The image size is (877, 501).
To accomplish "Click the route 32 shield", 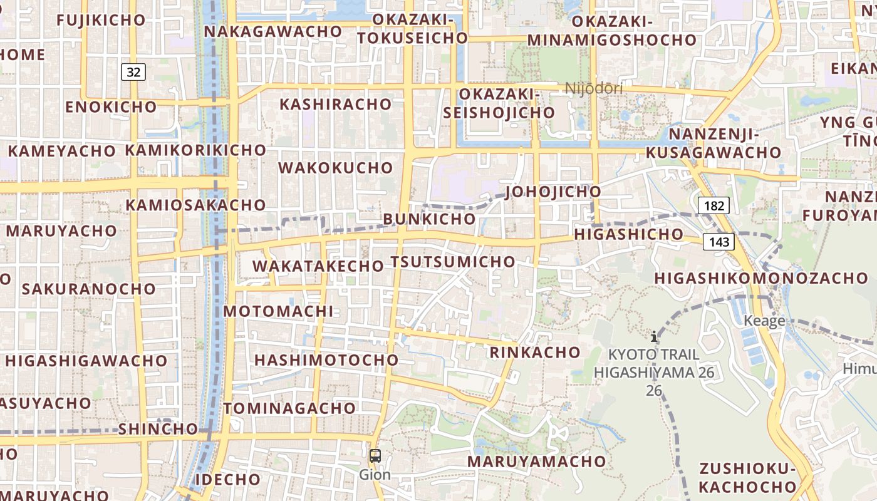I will coord(133,72).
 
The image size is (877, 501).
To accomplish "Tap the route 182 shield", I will coord(714,205).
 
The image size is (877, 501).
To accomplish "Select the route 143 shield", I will coord(718,242).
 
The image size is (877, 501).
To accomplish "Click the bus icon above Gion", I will coord(375,456).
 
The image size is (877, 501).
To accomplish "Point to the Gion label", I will coord(375,475).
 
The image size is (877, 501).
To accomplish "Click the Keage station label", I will coord(764,321).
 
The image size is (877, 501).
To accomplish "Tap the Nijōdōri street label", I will coord(594,88).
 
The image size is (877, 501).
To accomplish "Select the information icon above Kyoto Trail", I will coord(654,337).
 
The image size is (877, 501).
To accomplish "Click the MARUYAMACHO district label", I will coord(537,462).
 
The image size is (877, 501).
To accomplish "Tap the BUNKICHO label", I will coord(429,219).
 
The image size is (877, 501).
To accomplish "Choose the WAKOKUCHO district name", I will coord(336,168).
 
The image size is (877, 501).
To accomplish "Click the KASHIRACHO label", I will coord(336,104).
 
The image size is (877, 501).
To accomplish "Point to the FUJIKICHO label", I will coord(101,20).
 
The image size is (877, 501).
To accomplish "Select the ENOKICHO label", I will coord(111,107).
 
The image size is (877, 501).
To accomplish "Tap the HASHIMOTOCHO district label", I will coord(326,360).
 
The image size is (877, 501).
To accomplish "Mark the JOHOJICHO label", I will coord(553,192).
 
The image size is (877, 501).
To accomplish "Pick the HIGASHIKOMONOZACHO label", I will coord(761,278).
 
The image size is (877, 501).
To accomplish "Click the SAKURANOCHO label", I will coord(89,289).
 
